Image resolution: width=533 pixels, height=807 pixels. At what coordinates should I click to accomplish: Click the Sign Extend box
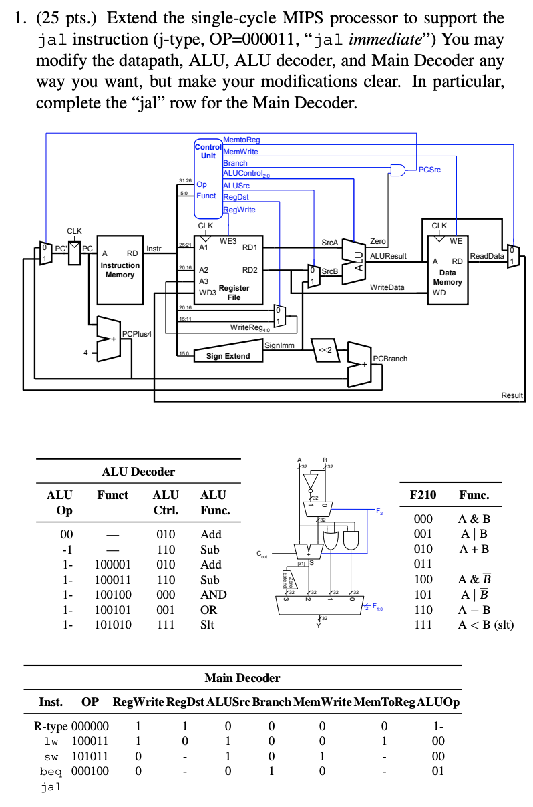coord(228,356)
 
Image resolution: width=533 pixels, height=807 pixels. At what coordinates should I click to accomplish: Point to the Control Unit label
coord(208,151)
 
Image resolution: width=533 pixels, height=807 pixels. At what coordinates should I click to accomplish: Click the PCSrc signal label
coord(429,170)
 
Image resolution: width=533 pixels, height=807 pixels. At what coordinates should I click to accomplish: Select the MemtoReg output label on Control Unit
coord(241,140)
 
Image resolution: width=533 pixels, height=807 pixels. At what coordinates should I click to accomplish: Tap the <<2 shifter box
coord(326,349)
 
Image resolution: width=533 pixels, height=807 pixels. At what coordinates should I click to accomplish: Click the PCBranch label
coord(390,359)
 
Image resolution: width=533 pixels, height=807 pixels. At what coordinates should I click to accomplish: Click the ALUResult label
coord(388,256)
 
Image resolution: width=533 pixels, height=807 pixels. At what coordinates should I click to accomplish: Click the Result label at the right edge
coord(512,395)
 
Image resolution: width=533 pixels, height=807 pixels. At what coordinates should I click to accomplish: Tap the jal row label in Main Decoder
coord(51,786)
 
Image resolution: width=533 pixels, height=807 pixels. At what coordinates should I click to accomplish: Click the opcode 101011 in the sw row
coord(90,756)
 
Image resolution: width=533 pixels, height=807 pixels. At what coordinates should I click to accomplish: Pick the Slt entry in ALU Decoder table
coord(208,625)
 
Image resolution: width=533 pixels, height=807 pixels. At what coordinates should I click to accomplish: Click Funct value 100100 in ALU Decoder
coord(113,595)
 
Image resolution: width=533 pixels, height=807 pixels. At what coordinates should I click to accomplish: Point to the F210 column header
coord(422,495)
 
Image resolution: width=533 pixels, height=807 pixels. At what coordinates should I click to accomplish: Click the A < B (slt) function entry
coord(486,625)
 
